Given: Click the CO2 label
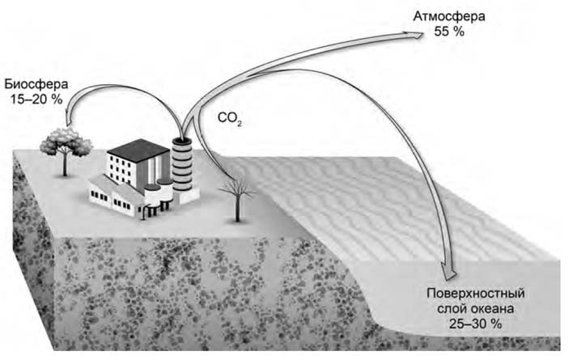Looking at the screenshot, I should coord(230,120).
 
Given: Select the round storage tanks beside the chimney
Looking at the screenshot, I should coord(159,194).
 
